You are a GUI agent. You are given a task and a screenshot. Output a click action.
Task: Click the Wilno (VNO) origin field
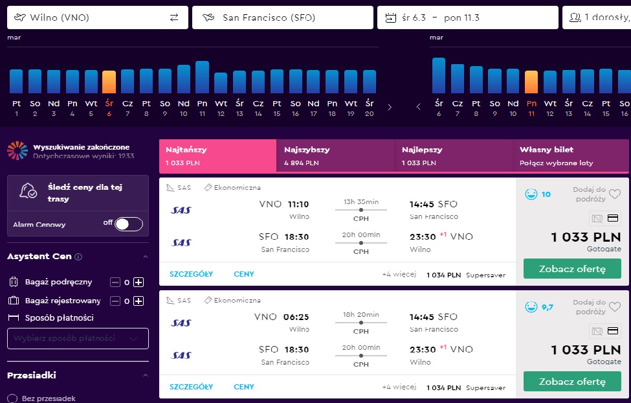click(97, 17)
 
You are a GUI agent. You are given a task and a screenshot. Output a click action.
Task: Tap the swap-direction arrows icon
click(174, 17)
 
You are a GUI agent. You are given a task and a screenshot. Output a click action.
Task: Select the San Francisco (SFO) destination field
click(283, 17)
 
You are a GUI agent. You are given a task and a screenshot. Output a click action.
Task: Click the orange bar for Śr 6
click(109, 82)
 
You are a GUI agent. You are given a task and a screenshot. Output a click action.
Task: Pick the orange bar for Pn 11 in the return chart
click(531, 82)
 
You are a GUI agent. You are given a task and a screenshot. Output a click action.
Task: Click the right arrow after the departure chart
click(389, 107)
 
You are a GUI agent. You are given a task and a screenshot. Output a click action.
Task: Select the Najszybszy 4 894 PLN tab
click(336, 156)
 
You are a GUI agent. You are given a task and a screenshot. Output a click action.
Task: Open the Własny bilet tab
click(571, 156)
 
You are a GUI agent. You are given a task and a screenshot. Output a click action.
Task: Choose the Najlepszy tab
click(454, 156)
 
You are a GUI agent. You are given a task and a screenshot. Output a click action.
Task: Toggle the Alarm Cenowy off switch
click(129, 224)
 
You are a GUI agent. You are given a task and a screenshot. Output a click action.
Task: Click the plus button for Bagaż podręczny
click(138, 282)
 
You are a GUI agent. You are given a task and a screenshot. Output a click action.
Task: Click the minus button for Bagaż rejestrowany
click(115, 301)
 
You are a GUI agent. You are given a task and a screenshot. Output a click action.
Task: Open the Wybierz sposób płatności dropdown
click(78, 338)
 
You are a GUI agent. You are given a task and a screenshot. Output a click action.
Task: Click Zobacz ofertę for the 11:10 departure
click(572, 269)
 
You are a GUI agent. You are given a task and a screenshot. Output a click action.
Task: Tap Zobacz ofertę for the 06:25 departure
click(572, 382)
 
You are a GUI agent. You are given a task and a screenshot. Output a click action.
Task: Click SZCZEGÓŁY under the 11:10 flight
click(191, 274)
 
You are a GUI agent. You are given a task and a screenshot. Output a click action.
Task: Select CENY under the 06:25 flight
click(244, 387)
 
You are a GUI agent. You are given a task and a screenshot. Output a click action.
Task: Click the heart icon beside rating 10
click(615, 194)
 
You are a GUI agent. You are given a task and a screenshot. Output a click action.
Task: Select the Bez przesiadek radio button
click(12, 398)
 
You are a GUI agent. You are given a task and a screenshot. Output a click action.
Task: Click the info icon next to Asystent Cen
click(78, 257)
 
